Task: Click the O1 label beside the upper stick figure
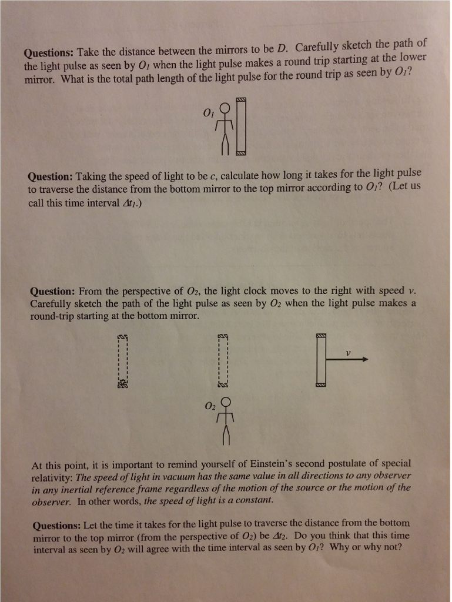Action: [x=207, y=112]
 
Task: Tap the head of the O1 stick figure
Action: [x=225, y=108]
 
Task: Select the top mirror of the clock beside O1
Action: [x=241, y=99]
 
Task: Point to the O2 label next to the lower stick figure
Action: [x=210, y=406]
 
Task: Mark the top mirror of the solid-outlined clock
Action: [x=321, y=335]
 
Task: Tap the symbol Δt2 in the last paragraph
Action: [x=299, y=536]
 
